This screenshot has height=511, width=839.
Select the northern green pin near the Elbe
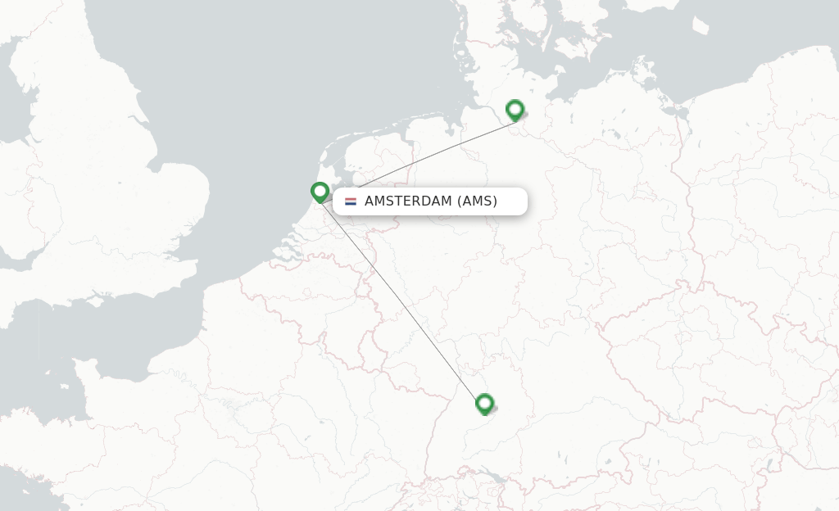[515, 110]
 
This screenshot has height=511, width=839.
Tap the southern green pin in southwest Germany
[484, 404]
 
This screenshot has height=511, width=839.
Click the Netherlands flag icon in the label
[351, 201]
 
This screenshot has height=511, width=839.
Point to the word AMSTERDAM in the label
[407, 201]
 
